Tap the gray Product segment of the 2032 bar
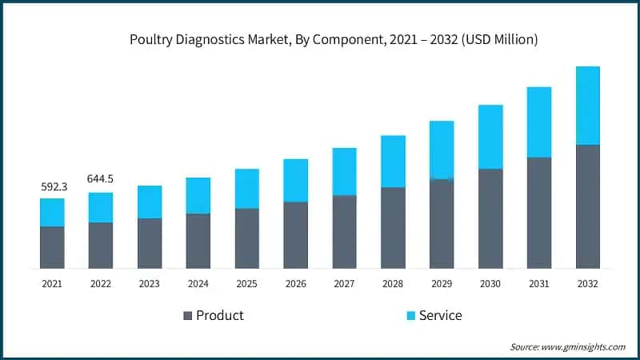[588, 206]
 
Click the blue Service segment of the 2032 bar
[588, 106]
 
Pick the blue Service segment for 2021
[52, 212]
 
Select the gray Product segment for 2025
[247, 238]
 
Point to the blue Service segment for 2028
[393, 162]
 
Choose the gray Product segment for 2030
[490, 218]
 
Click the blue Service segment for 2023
[150, 202]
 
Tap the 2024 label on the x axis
[198, 283]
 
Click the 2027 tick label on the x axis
[344, 283]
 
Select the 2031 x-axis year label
[539, 283]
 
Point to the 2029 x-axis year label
[442, 283]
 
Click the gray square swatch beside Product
[188, 315]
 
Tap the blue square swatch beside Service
[410, 315]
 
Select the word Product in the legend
[220, 315]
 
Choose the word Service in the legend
[441, 315]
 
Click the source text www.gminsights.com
[585, 346]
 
